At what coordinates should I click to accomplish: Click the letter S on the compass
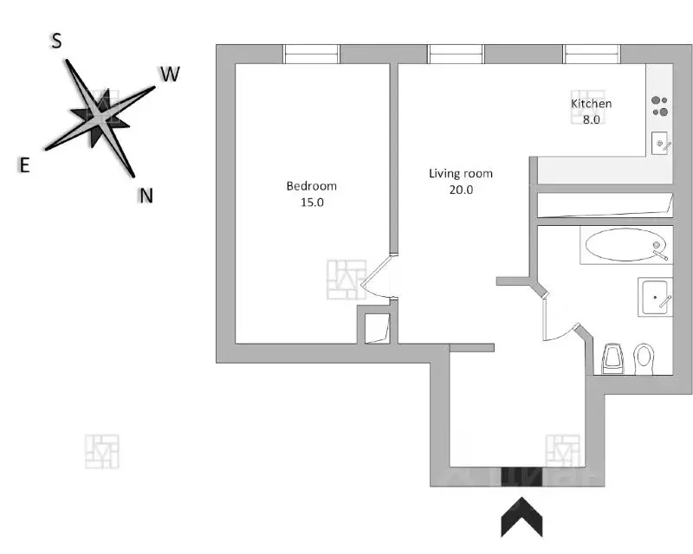[56, 41]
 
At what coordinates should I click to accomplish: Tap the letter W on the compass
[170, 74]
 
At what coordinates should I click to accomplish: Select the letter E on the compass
[24, 165]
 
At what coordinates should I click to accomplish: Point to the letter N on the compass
[146, 196]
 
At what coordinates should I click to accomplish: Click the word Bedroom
[312, 186]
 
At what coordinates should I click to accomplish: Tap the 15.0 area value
[312, 203]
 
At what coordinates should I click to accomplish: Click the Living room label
[461, 174]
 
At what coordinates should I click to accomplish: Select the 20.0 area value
[461, 190]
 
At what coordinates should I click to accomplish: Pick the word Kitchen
[592, 104]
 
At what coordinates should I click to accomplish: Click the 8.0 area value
[592, 119]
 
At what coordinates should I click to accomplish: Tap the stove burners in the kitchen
[660, 106]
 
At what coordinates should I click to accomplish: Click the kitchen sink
[661, 143]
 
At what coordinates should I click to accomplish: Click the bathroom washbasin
[655, 297]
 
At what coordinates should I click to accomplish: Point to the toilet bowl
[644, 359]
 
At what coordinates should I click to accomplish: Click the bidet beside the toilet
[612, 358]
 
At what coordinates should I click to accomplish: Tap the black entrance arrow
[521, 517]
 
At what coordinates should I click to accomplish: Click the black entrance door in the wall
[521, 477]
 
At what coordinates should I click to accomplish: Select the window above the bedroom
[312, 55]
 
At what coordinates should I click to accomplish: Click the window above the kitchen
[592, 55]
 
